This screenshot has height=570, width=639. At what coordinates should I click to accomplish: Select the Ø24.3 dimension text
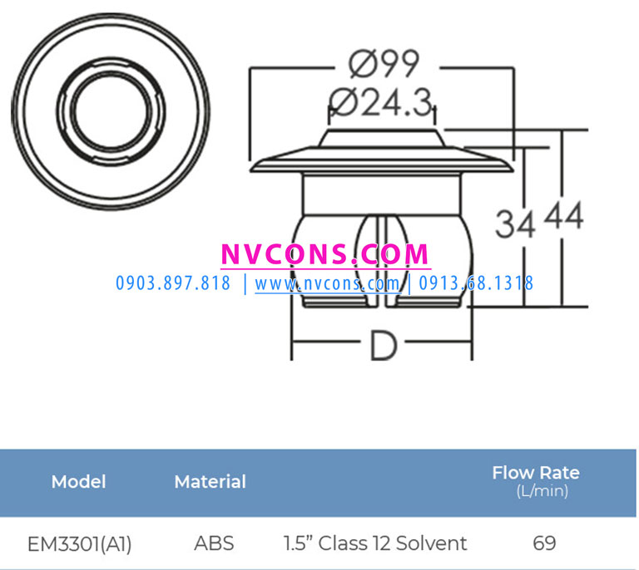pyautogui.click(x=382, y=104)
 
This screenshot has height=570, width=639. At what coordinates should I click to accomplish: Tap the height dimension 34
pyautogui.click(x=515, y=224)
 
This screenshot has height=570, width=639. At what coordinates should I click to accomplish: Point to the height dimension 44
pyautogui.click(x=563, y=217)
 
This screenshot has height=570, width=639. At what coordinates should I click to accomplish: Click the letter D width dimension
pyautogui.click(x=382, y=347)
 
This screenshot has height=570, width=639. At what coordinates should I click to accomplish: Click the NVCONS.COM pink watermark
pyautogui.click(x=325, y=254)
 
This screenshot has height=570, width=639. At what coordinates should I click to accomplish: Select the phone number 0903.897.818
pyautogui.click(x=173, y=283)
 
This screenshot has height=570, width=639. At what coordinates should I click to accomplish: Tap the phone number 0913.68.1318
pyautogui.click(x=476, y=283)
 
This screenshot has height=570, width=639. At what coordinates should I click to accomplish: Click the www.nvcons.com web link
pyautogui.click(x=327, y=283)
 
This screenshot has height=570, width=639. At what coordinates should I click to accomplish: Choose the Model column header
pyautogui.click(x=78, y=482)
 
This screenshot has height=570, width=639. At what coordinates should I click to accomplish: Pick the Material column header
pyautogui.click(x=210, y=482)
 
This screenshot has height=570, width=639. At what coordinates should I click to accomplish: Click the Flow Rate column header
pyautogui.click(x=535, y=473)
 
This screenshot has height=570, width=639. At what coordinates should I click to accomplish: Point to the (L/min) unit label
pyautogui.click(x=542, y=491)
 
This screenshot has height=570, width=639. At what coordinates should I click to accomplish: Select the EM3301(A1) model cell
pyautogui.click(x=79, y=544)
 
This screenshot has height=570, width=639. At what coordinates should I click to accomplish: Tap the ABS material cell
pyautogui.click(x=214, y=544)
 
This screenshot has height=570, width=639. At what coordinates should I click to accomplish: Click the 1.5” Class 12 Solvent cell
pyautogui.click(x=375, y=544)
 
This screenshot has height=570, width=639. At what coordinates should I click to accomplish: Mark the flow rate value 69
pyautogui.click(x=544, y=544)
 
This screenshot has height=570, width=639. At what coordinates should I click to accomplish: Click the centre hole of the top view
pyautogui.click(x=110, y=110)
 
